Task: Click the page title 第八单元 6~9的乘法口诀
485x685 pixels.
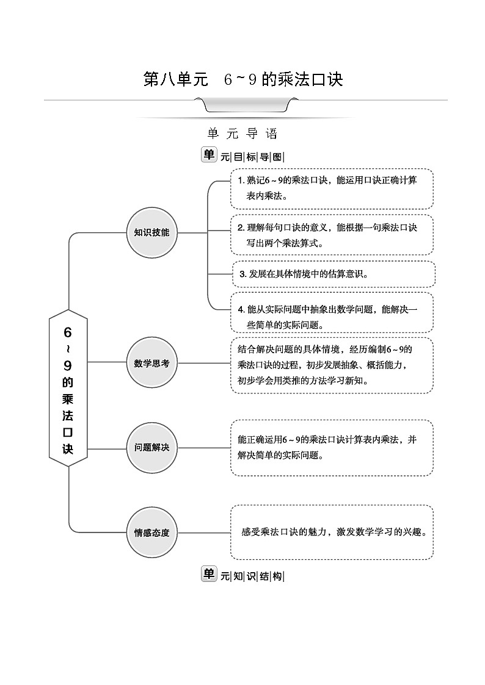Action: pyautogui.click(x=242, y=80)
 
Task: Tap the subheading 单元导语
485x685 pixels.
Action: pyautogui.click(x=242, y=133)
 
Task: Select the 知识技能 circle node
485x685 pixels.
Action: pyautogui.click(x=151, y=232)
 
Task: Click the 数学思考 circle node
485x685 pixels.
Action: pyautogui.click(x=151, y=363)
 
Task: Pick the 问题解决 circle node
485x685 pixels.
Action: pyautogui.click(x=151, y=448)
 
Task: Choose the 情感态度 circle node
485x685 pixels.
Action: pyautogui.click(x=151, y=532)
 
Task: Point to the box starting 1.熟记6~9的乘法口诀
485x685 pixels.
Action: pyautogui.click(x=332, y=188)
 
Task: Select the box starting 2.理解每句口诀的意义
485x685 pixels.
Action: pyautogui.click(x=332, y=235)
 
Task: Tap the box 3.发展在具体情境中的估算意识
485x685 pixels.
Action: pyautogui.click(x=334, y=274)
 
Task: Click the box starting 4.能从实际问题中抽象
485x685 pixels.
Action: pyautogui.click(x=332, y=312)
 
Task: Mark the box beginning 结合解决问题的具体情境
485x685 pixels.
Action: pyautogui.click(x=332, y=365)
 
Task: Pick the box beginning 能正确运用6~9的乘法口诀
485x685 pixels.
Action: pyautogui.click(x=332, y=447)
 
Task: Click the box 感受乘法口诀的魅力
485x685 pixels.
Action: pyautogui.click(x=332, y=531)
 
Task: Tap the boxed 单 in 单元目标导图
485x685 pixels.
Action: pyautogui.click(x=209, y=155)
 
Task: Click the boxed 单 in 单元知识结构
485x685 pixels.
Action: pyautogui.click(x=209, y=575)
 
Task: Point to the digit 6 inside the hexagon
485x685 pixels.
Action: pyautogui.click(x=68, y=332)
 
